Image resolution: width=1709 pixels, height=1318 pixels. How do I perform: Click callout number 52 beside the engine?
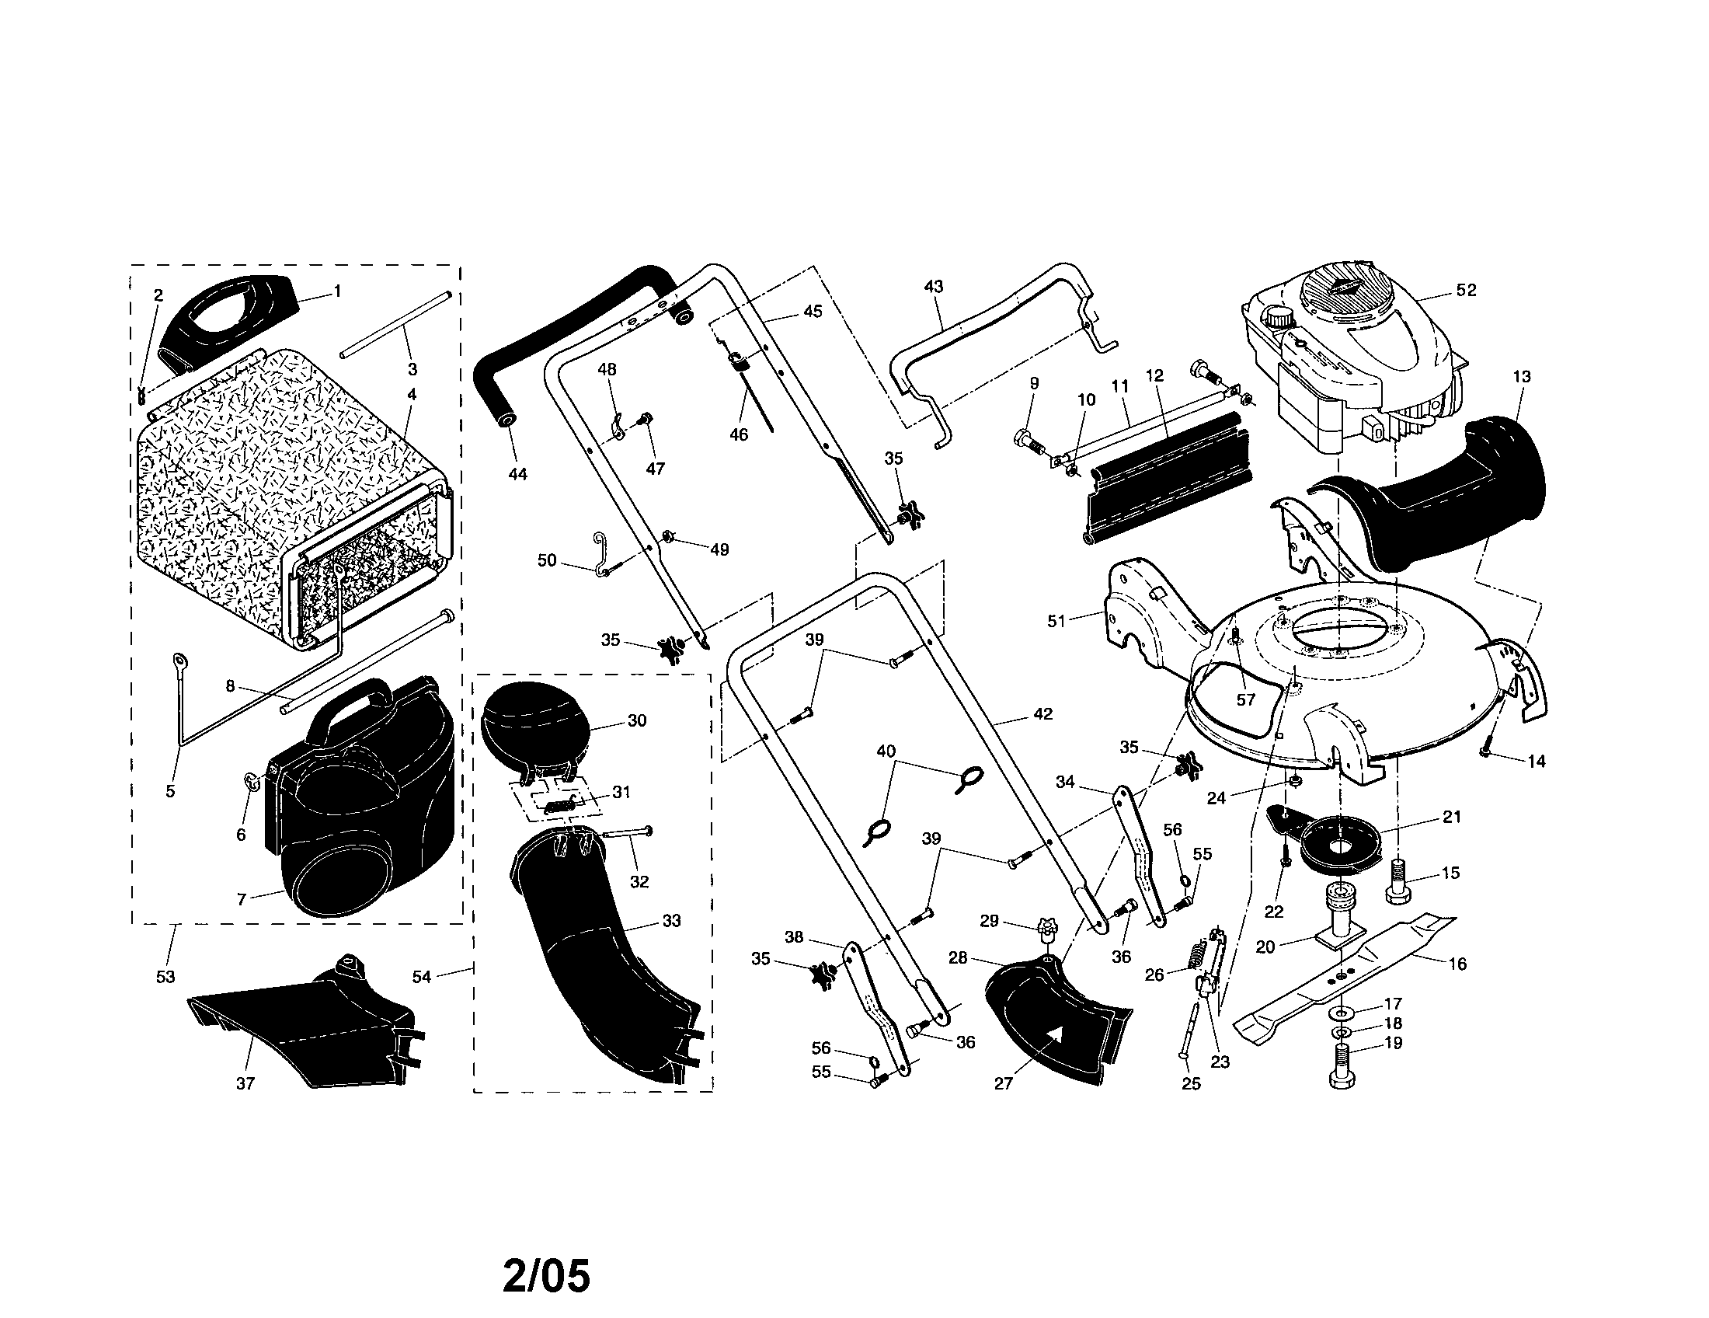pyautogui.click(x=1466, y=291)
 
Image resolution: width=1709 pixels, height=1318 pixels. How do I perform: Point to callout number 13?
pyautogui.click(x=1521, y=376)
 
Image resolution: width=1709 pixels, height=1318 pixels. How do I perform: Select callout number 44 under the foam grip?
pyautogui.click(x=517, y=473)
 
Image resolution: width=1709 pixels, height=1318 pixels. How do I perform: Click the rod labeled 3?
pyautogui.click(x=395, y=325)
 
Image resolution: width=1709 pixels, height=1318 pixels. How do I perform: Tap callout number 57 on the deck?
pyautogui.click(x=1245, y=699)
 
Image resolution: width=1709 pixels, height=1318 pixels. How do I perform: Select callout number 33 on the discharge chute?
pyautogui.click(x=671, y=921)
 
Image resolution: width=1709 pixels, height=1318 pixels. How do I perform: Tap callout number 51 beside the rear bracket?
pyautogui.click(x=1057, y=621)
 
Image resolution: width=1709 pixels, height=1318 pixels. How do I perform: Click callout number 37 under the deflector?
pyautogui.click(x=245, y=1083)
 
